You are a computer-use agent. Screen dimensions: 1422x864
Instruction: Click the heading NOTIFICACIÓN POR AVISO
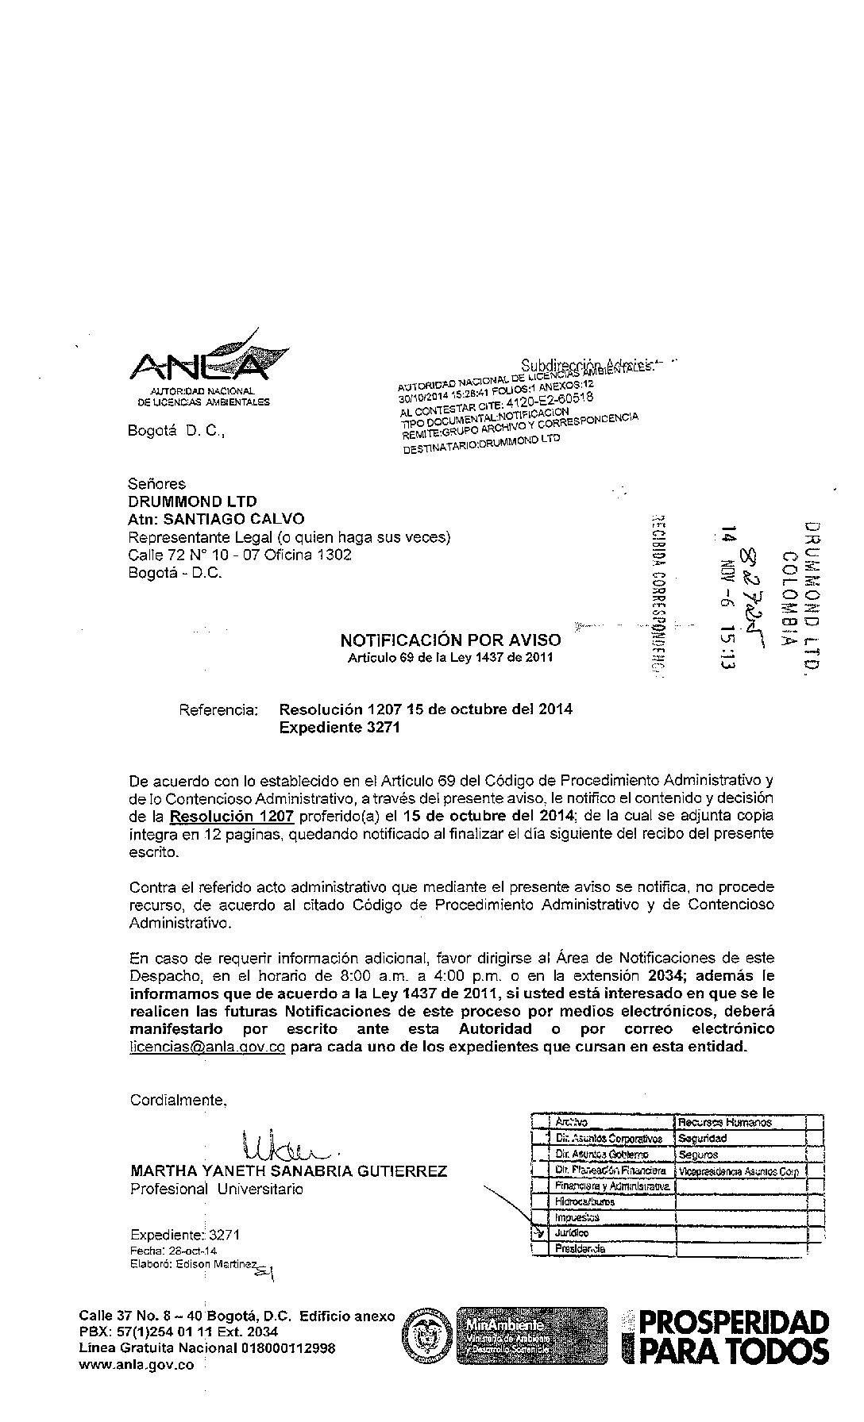450,640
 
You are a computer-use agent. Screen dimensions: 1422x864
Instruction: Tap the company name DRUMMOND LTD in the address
192,502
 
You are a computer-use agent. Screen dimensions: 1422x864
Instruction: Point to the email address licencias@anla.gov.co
206,1047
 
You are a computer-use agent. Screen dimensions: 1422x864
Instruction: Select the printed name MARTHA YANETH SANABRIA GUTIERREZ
288,1171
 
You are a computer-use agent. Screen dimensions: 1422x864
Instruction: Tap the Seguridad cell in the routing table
703,1138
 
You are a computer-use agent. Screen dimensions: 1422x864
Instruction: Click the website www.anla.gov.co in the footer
137,1366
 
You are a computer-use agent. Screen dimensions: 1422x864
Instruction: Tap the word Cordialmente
178,1100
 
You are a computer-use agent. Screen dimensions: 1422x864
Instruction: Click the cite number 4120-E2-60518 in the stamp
549,401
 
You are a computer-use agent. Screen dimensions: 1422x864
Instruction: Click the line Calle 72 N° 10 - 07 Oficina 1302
240,555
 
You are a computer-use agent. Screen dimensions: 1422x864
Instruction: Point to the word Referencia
218,709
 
